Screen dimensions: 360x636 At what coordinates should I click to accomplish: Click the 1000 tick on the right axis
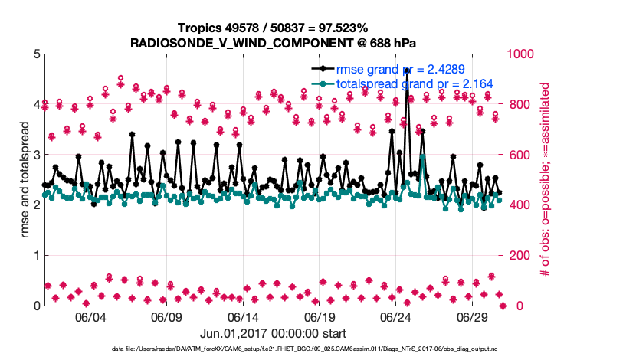(524, 54)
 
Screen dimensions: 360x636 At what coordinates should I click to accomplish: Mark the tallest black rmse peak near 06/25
(407, 70)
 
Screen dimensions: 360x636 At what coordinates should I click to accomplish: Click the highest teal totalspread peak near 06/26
(423, 157)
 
